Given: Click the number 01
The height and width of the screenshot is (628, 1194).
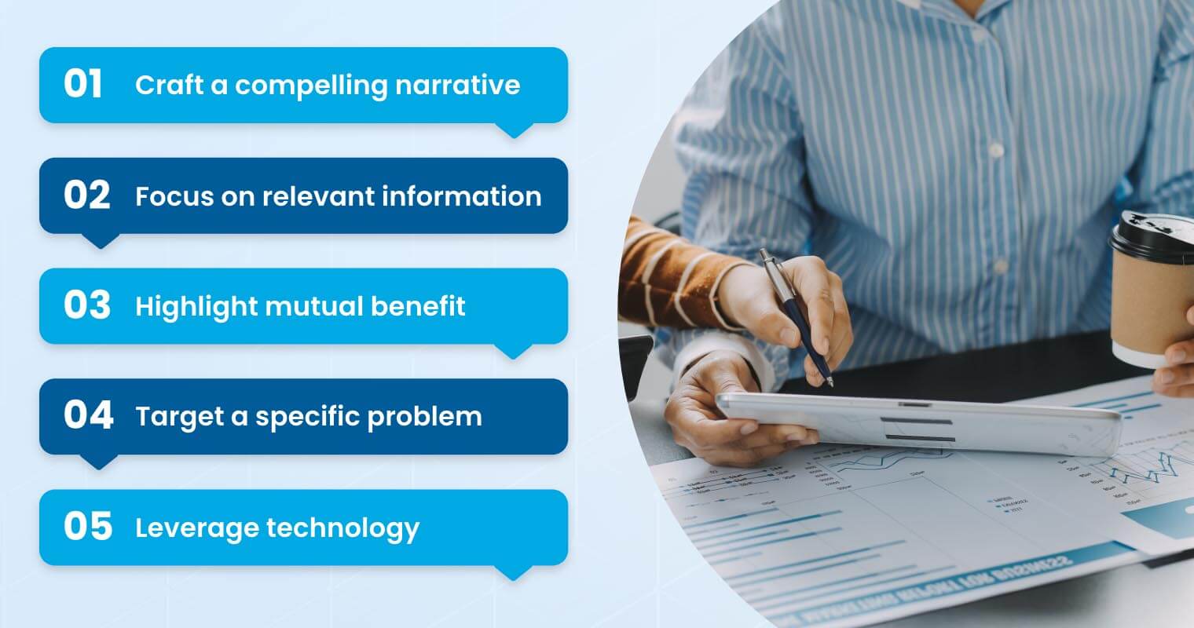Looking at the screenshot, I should (x=83, y=84).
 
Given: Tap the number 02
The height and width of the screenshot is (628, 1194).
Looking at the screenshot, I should (x=86, y=195).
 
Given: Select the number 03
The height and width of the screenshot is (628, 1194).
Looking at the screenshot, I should (x=86, y=306).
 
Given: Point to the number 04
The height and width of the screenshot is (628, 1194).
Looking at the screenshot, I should (x=88, y=416).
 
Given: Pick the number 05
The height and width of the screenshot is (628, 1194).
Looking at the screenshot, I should (x=87, y=527).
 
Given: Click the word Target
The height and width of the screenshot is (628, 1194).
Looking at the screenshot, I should (x=177, y=417).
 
